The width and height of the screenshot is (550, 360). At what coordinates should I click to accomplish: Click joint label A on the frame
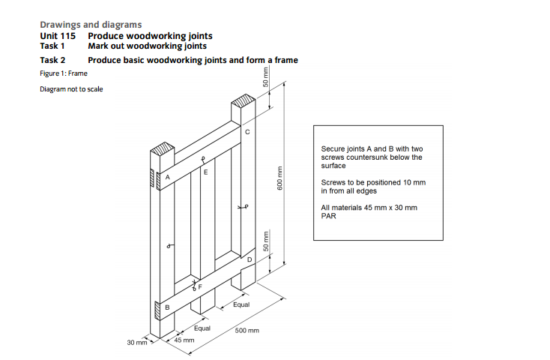[x=168, y=176]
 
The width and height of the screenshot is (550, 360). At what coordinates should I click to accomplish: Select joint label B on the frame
[x=167, y=307]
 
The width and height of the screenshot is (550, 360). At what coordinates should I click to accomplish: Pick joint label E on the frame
[x=205, y=172]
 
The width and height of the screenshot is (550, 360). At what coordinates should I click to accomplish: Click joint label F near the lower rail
[x=200, y=286]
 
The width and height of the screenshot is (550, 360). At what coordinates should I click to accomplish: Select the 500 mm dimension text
[x=247, y=330]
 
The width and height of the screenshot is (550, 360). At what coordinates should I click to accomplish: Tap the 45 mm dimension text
[x=184, y=340]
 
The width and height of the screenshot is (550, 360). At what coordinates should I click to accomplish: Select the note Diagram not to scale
[x=71, y=90]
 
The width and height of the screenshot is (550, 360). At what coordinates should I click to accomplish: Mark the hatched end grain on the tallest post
[x=243, y=101]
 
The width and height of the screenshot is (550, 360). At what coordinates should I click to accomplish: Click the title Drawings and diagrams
[x=90, y=25]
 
